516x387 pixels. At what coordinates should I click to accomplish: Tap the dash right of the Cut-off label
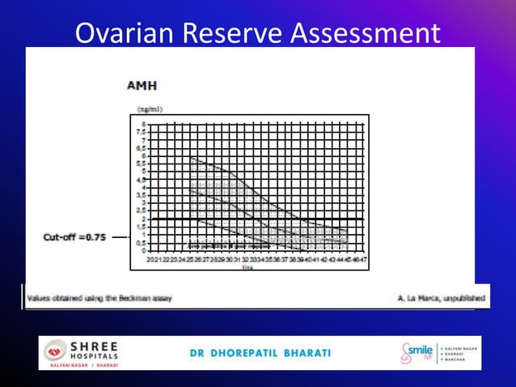pyautogui.click(x=119, y=237)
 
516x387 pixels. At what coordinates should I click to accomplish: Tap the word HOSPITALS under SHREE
pyautogui.click(x=95, y=355)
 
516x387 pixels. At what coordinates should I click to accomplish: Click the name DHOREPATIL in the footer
pyautogui.click(x=249, y=353)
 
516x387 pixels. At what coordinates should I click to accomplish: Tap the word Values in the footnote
pyautogui.click(x=40, y=298)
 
